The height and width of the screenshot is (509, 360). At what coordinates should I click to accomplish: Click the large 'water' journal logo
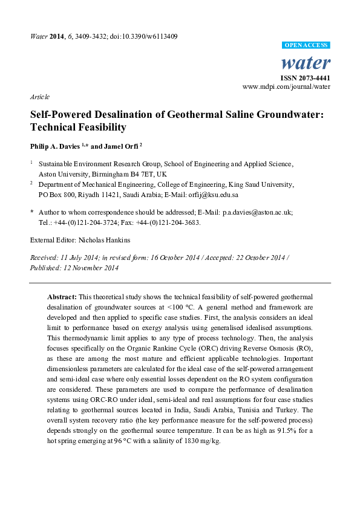tap(306, 62)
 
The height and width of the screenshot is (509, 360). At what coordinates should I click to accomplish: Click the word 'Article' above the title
tap(39, 97)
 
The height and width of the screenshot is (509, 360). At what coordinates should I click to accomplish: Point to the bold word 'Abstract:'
tap(62, 297)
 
